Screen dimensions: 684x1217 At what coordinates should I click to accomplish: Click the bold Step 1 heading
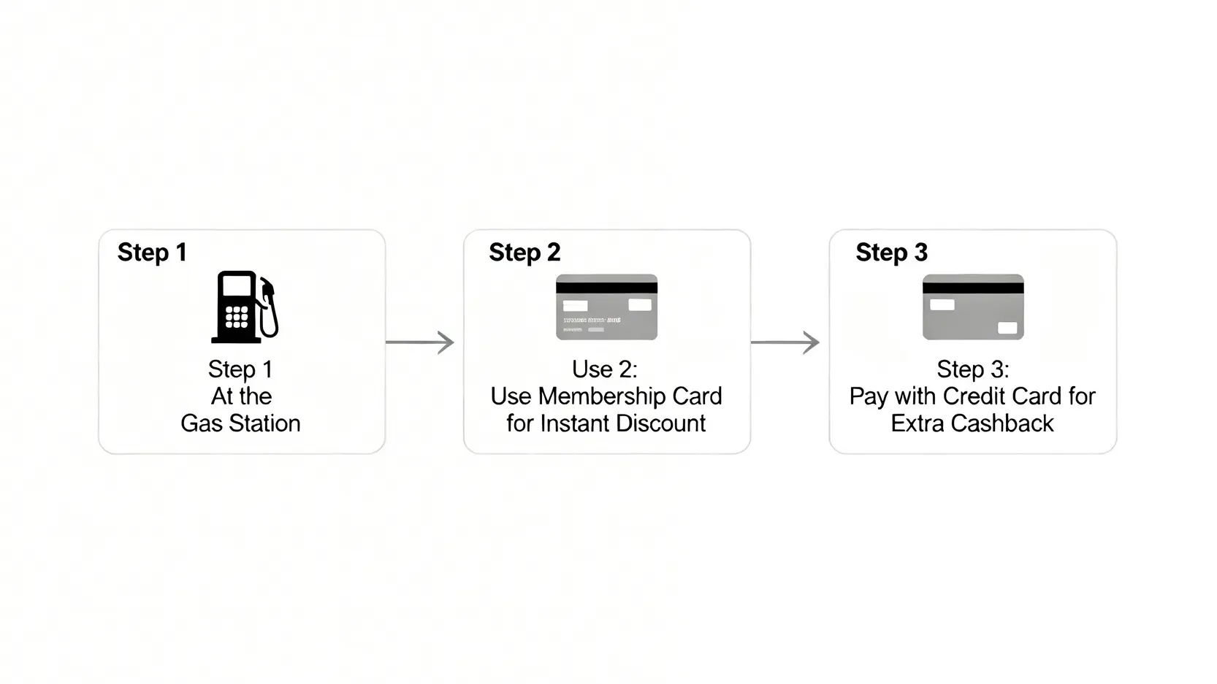click(152, 253)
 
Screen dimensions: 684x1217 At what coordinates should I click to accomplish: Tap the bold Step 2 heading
click(524, 253)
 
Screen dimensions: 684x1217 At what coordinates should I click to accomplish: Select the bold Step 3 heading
click(891, 253)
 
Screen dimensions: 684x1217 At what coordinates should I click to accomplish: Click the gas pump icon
click(244, 307)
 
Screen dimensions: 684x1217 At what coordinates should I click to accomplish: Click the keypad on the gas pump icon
click(236, 317)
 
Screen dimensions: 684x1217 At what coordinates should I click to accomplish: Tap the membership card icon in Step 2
click(606, 307)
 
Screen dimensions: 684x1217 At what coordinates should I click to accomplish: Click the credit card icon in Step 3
click(973, 307)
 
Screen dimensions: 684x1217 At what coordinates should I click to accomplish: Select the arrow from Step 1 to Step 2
click(420, 342)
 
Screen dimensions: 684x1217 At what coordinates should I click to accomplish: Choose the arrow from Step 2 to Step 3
click(785, 342)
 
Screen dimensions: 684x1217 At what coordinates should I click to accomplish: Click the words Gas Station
click(240, 423)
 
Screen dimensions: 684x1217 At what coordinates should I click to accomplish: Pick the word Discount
click(660, 423)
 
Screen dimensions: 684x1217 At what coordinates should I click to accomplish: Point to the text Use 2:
click(604, 369)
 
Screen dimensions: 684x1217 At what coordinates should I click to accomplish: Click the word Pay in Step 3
click(868, 396)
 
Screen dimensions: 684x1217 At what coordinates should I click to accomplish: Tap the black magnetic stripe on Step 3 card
click(973, 288)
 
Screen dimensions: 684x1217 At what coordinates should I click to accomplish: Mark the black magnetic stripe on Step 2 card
click(606, 288)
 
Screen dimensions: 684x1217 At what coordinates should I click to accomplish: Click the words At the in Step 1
click(241, 396)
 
